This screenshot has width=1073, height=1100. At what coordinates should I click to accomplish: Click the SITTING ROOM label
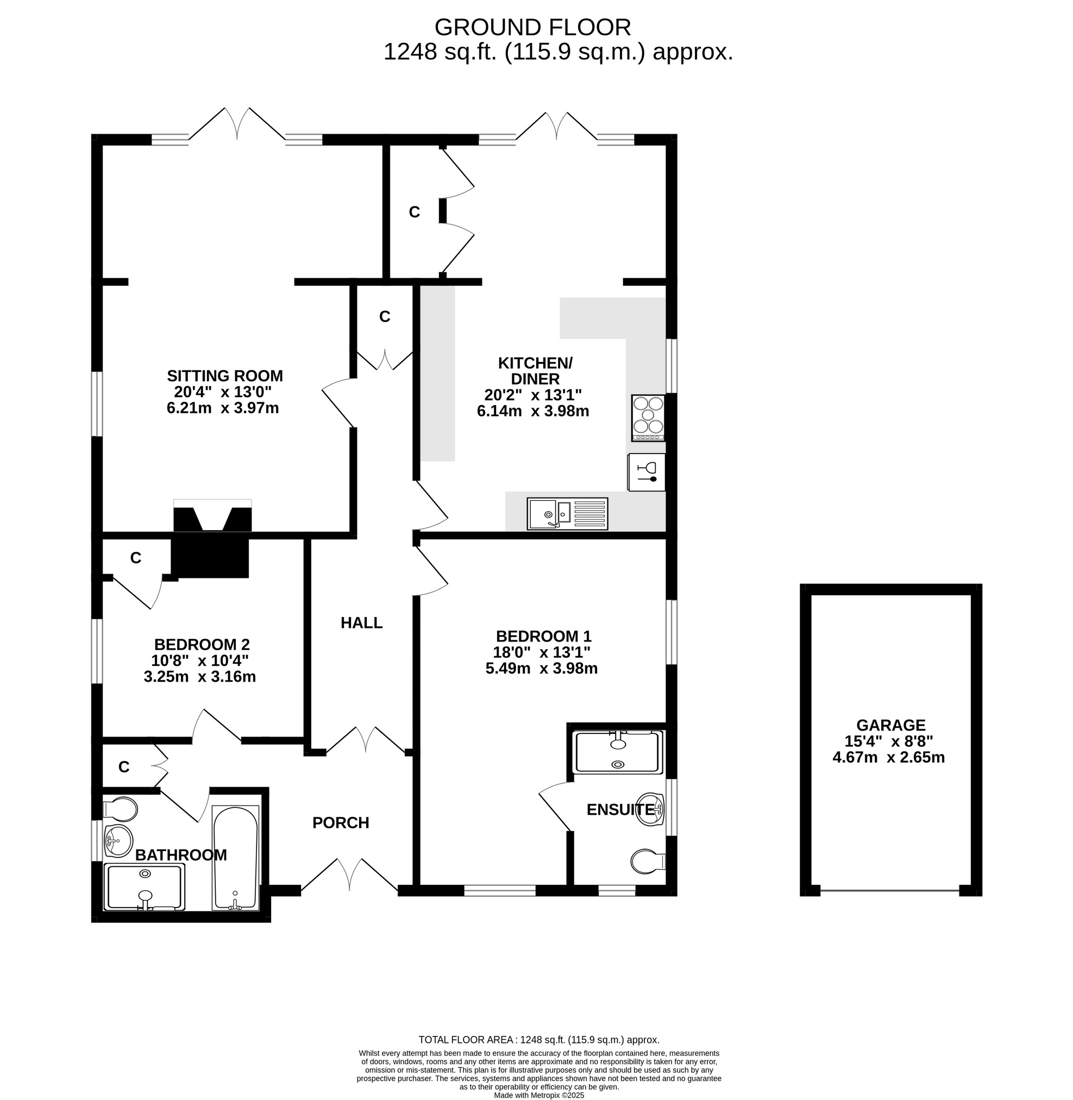[x=225, y=376]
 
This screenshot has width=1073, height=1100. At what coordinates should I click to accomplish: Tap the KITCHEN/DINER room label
[x=535, y=371]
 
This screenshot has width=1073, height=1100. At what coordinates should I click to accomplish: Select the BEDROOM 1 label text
[x=544, y=636]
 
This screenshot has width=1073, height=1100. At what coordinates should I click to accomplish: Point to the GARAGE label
[x=891, y=725]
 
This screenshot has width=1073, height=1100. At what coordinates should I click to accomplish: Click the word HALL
[x=362, y=623]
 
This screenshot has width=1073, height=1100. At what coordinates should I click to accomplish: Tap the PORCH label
[x=341, y=823]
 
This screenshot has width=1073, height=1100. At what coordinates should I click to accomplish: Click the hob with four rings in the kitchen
[x=648, y=418]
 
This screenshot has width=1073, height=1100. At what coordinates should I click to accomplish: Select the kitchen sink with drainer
[x=568, y=514]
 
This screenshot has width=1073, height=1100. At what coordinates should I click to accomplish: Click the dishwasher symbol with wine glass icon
[x=647, y=472]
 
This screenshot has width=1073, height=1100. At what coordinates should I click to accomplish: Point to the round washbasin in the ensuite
[x=651, y=810]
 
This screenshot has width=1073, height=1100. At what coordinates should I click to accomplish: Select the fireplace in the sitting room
[x=212, y=516]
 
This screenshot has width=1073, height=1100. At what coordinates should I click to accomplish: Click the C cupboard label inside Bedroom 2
[x=136, y=558]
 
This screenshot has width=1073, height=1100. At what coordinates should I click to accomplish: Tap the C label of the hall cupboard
[x=385, y=317]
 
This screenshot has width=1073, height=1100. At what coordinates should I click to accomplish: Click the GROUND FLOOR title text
[x=532, y=27]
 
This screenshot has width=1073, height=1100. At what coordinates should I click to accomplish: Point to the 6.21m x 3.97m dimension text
[x=223, y=408]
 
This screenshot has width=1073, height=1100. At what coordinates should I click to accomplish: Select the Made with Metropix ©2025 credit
[x=539, y=1095]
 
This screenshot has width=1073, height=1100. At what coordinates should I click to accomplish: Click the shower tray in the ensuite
[x=618, y=752]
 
